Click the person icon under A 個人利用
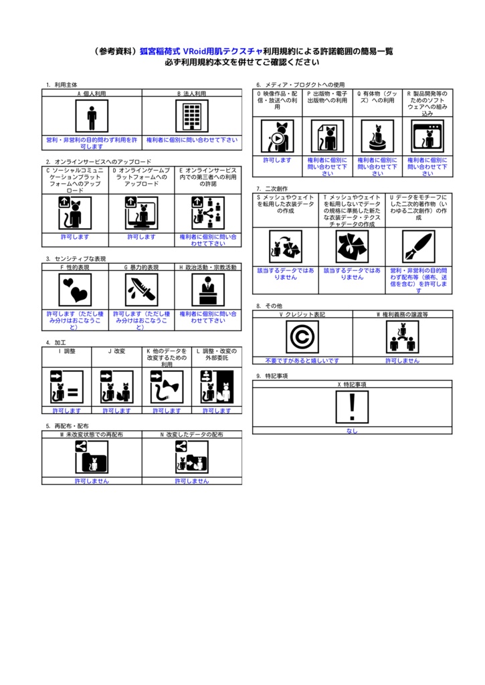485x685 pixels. tap(92, 117)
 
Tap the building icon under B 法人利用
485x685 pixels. tap(192, 117)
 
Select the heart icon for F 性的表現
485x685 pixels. tap(75, 290)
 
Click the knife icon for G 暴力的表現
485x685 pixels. tap(142, 290)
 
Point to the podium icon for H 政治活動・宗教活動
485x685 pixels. tap(208, 290)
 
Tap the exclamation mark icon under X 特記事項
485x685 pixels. tap(353, 407)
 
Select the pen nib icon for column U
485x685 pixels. tap(419, 247)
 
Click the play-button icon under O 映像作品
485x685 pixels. tap(278, 137)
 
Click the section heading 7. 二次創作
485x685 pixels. tap(270, 189)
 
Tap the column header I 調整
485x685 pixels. tap(67, 351)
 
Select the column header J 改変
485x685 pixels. tap(116, 351)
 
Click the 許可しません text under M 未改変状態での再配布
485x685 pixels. tap(92, 480)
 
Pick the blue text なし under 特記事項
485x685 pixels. tap(352, 431)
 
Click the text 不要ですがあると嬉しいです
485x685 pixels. tap(302, 361)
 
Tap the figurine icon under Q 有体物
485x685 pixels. tap(377, 137)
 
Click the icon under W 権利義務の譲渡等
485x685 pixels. tap(402, 336)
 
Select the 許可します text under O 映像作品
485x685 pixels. tap(277, 161)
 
